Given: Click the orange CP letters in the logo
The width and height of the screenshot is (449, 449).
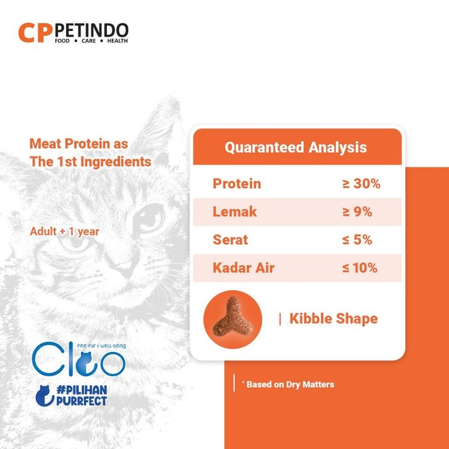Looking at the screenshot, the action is (35, 33).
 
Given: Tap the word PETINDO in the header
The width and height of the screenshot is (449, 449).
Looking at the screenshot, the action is (91, 30).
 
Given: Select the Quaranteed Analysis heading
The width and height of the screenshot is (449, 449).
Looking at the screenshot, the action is (296, 147).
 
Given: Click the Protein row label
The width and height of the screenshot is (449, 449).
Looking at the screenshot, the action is (237, 184).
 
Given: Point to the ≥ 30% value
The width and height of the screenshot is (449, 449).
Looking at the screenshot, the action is (361, 184).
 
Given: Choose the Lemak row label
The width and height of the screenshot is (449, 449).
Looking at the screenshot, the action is (235, 212).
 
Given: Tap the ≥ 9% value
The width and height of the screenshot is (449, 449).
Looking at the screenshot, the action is (357, 212).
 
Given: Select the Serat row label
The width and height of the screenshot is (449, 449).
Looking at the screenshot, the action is (230, 240).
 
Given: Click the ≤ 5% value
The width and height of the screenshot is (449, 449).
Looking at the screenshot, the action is (357, 240).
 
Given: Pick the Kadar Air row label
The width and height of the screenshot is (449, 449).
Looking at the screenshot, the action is (244, 268).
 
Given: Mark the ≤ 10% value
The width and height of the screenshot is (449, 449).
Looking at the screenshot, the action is (360, 268).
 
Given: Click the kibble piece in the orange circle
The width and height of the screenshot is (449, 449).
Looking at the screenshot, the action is (233, 317).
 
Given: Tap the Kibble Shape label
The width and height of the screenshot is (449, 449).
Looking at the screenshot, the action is (333, 319).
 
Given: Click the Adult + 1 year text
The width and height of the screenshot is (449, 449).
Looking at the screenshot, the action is (64, 231).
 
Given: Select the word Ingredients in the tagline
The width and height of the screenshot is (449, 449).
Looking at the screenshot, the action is (116, 162).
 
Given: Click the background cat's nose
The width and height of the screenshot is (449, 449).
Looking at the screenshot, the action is (126, 269).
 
